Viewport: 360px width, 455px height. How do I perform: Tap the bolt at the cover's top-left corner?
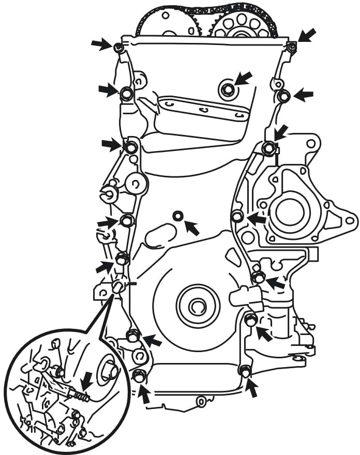118,48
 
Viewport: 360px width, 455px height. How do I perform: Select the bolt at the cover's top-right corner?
291,48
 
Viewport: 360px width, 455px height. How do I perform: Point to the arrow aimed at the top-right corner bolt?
306,36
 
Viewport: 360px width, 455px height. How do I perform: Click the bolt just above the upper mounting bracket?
228,90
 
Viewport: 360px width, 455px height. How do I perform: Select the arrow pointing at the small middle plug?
192,227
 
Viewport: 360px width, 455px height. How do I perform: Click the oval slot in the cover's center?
161,235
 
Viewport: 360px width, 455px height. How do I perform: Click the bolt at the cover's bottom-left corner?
139,375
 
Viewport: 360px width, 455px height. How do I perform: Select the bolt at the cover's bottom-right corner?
245,370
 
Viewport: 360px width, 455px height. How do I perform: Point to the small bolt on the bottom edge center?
200,400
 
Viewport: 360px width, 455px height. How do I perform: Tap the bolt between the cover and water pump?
237,217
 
